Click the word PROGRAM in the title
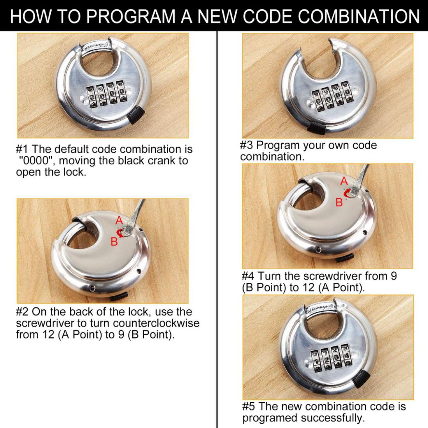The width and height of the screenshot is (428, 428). click(x=131, y=16)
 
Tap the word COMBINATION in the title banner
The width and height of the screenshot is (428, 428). click(x=358, y=16)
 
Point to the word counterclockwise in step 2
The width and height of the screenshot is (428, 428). click(x=156, y=323)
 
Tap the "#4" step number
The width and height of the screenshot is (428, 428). click(x=248, y=276)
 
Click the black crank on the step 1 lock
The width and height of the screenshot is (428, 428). click(x=136, y=115)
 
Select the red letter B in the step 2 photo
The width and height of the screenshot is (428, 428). click(x=114, y=241)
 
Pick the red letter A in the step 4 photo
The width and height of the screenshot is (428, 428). click(x=344, y=181)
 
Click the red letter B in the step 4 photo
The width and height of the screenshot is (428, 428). click(x=339, y=202)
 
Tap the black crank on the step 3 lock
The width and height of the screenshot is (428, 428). click(x=317, y=127)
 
